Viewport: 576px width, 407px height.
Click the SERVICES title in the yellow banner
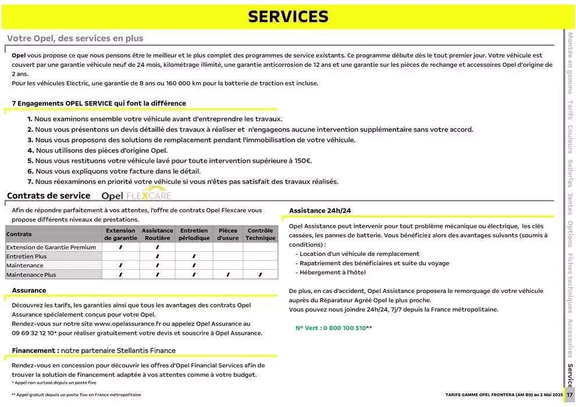[288, 16]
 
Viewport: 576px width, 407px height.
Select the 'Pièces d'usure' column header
[227, 234]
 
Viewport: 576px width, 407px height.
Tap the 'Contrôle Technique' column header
[260, 234]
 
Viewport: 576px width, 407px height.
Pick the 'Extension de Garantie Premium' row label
[51, 247]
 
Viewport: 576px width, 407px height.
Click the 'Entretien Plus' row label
[26, 256]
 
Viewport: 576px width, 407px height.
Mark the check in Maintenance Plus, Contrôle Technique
[260, 274]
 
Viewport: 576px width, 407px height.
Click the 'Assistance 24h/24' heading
[320, 210]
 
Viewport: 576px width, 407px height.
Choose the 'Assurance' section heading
[29, 290]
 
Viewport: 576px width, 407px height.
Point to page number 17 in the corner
[569, 394]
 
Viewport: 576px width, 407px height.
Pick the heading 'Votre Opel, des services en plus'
[75, 38]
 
